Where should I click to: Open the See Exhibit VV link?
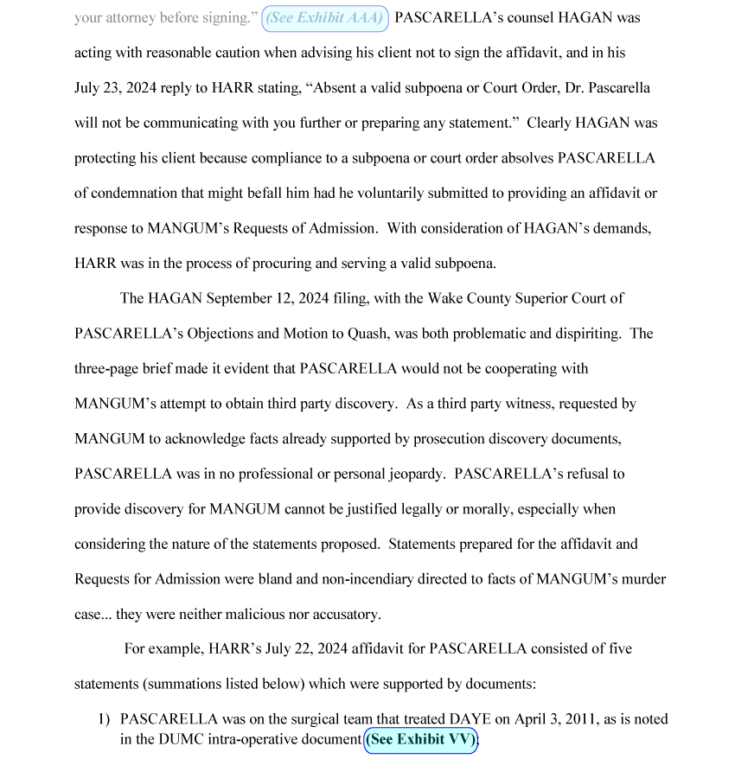tap(420, 739)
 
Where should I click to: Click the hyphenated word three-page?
tap(110, 368)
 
